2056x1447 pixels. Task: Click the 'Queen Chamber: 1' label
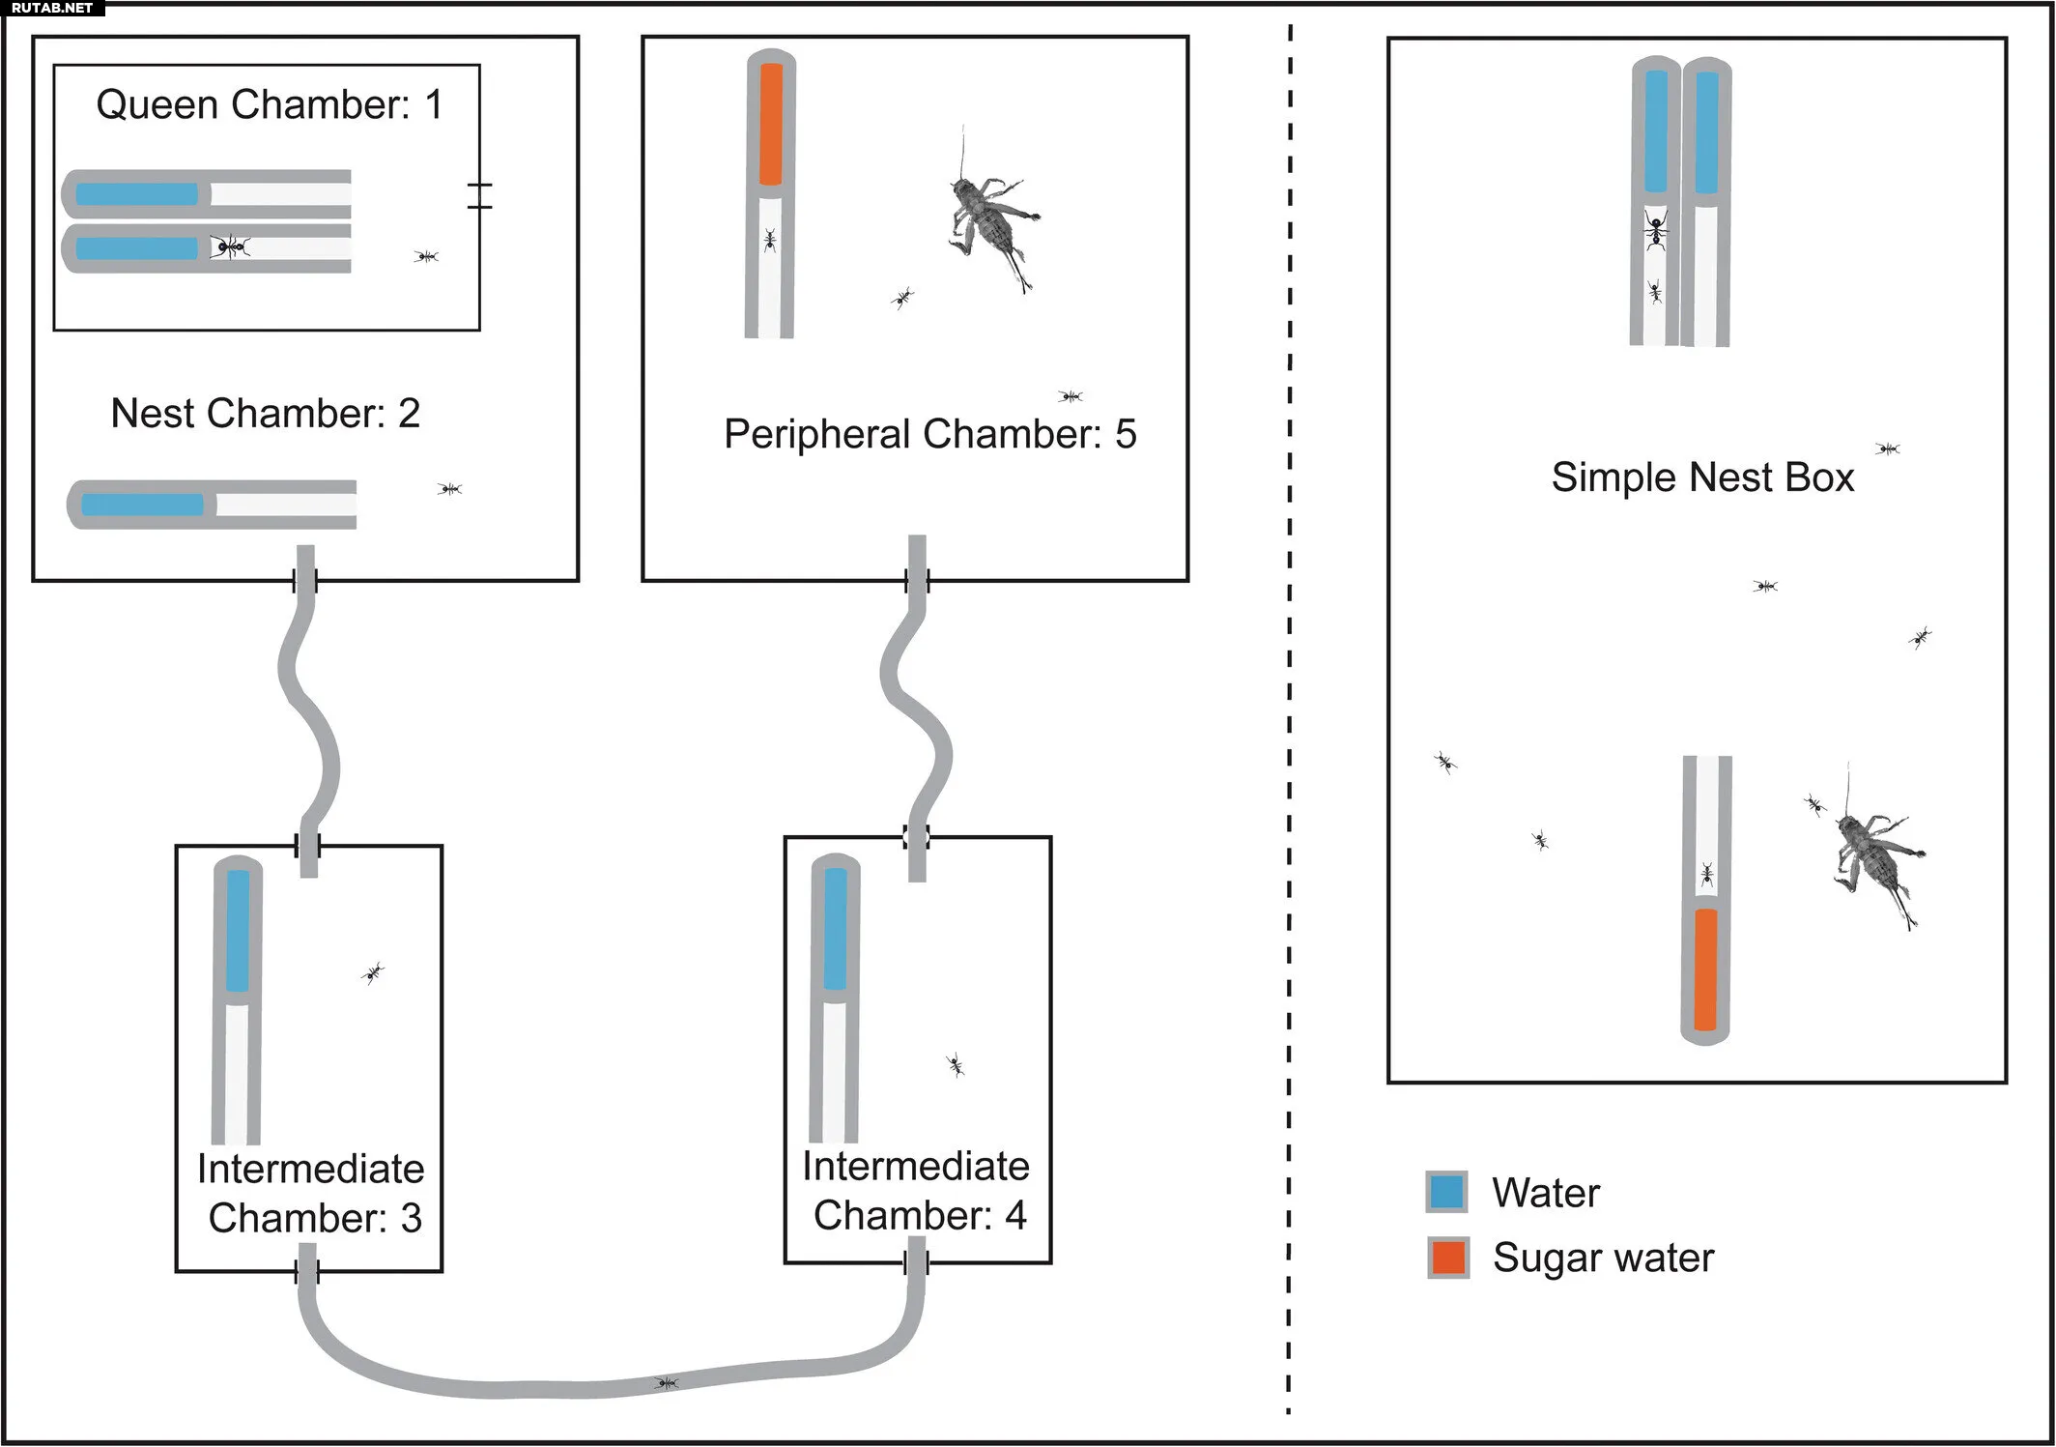pos(269,104)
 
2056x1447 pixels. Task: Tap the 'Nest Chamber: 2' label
pos(265,413)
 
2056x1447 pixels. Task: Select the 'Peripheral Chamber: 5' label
pos(929,434)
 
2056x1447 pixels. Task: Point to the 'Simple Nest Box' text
pos(1702,478)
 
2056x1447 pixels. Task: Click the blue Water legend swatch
pos(1446,1192)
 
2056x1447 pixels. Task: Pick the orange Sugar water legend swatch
pos(1448,1258)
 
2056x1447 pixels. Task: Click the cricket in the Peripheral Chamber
pos(990,217)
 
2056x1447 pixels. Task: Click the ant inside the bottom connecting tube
pos(667,1383)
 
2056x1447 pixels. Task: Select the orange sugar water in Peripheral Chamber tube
pos(770,124)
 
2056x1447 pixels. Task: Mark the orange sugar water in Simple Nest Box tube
pos(1705,969)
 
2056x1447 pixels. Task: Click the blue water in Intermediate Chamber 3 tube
pos(238,930)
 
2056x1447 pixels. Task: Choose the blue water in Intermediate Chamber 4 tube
pos(836,928)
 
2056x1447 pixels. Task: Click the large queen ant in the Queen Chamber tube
pos(229,247)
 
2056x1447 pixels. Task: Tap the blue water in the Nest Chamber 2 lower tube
pos(142,505)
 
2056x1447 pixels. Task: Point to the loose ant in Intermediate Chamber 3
pos(373,972)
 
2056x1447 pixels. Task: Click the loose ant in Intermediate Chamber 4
pos(955,1065)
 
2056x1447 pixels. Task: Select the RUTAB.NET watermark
pos(52,8)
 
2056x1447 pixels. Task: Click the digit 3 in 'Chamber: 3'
pos(412,1218)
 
